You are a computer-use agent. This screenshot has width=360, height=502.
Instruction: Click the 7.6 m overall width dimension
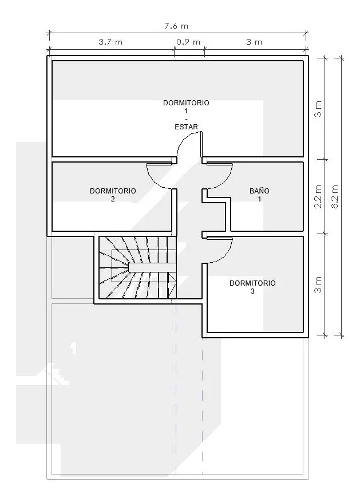click(176, 26)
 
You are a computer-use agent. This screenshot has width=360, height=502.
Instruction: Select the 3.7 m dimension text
click(110, 42)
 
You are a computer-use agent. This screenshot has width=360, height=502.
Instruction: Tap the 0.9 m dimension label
click(188, 42)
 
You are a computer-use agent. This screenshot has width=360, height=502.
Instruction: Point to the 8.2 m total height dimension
click(335, 196)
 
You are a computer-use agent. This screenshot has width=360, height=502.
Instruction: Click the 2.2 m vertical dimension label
click(318, 196)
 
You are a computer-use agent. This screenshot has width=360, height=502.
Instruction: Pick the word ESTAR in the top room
click(186, 127)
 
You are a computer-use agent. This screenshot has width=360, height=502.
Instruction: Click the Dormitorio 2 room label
click(113, 195)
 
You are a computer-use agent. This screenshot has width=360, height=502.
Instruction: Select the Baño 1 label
click(259, 195)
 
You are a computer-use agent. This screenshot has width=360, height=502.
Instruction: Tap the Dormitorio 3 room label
click(252, 287)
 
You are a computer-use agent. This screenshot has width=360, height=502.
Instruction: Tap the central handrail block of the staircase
click(152, 268)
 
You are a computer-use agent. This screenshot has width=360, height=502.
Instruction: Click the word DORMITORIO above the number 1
click(186, 103)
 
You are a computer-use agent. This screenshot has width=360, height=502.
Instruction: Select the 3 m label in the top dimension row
click(254, 42)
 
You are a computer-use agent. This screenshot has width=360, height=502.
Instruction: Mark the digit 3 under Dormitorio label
click(252, 291)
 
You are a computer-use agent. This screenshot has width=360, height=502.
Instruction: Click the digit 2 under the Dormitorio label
click(113, 199)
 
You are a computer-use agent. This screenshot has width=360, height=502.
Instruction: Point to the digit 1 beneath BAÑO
click(259, 199)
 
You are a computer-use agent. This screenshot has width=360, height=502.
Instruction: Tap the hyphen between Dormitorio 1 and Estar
click(186, 119)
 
